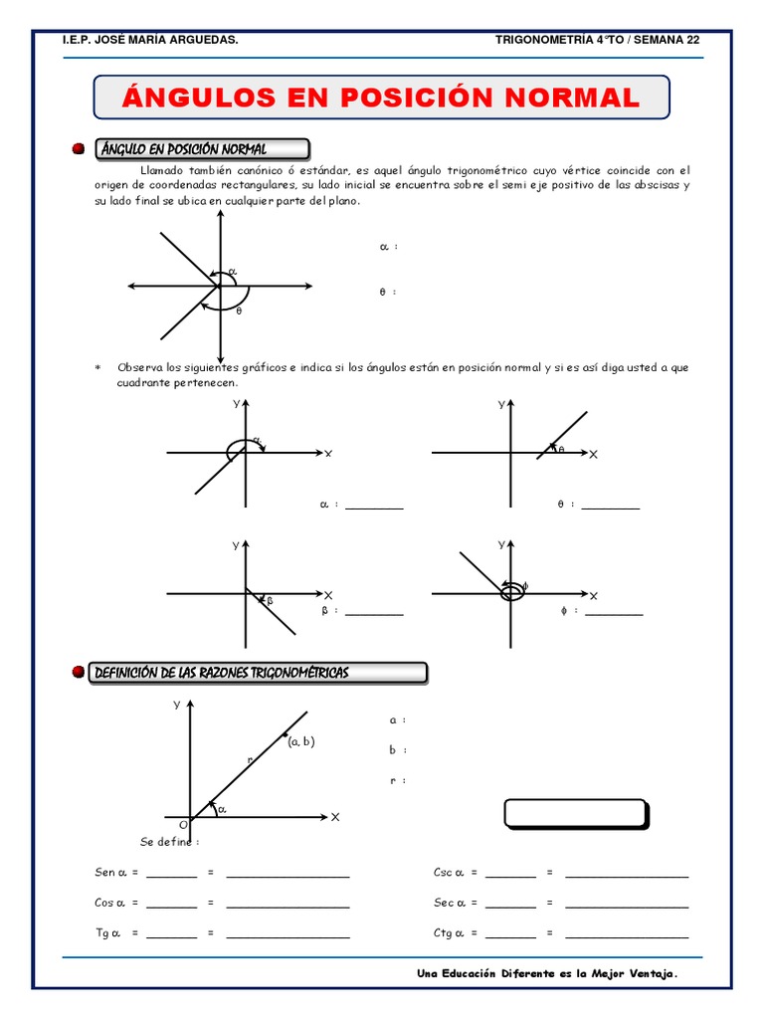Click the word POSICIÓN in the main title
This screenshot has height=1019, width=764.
[x=417, y=99]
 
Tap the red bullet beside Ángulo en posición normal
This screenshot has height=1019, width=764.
[x=79, y=149]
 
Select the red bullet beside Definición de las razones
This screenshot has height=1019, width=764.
[x=79, y=674]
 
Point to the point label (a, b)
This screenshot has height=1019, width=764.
[x=300, y=741]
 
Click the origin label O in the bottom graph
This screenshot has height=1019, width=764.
[x=183, y=825]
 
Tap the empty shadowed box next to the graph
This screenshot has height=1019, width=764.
[x=575, y=813]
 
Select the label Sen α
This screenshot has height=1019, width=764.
[x=111, y=873]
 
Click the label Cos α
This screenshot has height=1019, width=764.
[x=111, y=903]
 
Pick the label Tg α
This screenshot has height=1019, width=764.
[x=109, y=932]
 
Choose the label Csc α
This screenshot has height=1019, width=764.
[x=449, y=873]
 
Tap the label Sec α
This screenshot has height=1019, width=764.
[x=449, y=903]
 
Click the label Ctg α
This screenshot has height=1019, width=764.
[x=449, y=932]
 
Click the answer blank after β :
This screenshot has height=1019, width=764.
[x=374, y=613]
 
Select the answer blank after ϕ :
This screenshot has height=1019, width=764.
[x=614, y=613]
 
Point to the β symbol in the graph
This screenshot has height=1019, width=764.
[x=269, y=600]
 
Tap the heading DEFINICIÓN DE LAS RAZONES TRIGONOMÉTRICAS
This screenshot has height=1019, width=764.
[x=221, y=674]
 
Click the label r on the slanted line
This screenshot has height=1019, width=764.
[x=250, y=759]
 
